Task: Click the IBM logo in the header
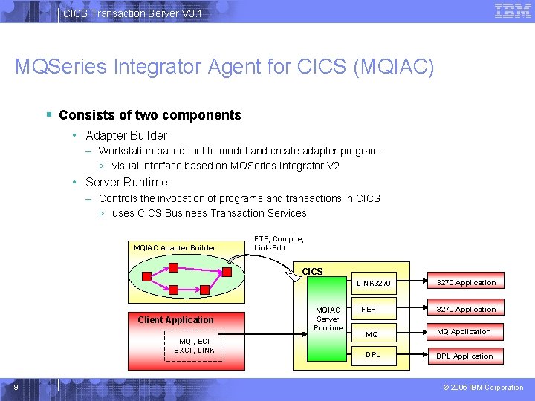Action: [x=512, y=11]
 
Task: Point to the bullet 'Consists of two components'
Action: [x=149, y=115]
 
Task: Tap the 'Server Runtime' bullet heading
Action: [x=126, y=182]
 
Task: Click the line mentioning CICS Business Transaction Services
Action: [x=209, y=213]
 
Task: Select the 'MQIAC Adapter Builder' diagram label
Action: [x=174, y=247]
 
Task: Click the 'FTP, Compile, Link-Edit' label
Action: [x=279, y=243]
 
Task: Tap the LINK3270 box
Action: [x=373, y=283]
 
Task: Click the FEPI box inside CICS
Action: [x=370, y=308]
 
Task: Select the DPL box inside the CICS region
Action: [x=372, y=354]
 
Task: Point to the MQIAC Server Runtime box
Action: [x=328, y=319]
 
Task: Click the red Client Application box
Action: [x=175, y=319]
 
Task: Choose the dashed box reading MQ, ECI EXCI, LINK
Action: [x=194, y=346]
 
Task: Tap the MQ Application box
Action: [x=464, y=332]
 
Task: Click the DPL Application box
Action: [x=464, y=356]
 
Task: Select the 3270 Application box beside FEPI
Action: [x=466, y=309]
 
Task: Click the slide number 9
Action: [x=16, y=387]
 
